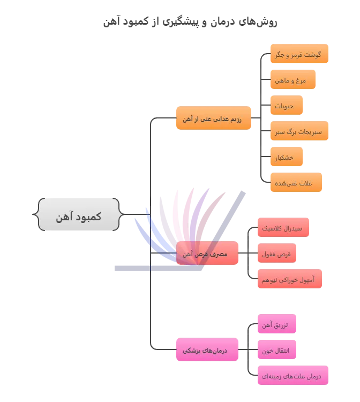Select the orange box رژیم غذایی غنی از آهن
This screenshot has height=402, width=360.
coord(213,119)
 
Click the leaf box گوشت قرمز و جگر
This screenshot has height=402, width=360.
coord(298,55)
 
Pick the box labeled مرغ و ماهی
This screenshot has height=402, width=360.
coord(292,80)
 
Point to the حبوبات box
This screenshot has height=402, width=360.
coord(287,106)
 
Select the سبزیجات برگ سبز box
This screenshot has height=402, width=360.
coord(298,131)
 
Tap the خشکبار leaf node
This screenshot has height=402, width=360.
coord(287,157)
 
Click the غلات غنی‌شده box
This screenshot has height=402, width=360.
coord(297,183)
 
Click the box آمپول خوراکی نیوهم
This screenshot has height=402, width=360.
coord(290,279)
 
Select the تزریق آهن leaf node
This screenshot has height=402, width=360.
coord(277,325)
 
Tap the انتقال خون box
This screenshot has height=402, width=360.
coord(277,350)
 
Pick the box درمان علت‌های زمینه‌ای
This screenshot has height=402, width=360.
coord(292,376)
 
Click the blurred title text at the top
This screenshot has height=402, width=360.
coord(191,23)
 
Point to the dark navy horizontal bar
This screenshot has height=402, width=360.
coord(159,267)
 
